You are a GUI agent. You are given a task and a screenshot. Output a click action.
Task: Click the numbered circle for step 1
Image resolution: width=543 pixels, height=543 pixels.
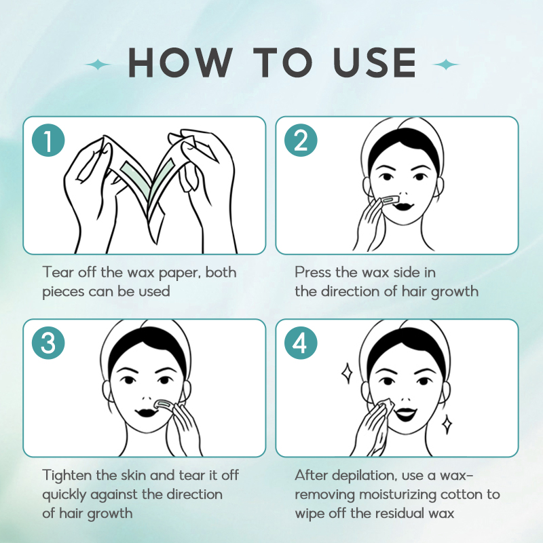(x=48, y=141)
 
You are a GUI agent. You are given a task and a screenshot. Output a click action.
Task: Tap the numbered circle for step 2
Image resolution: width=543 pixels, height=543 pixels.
(x=301, y=141)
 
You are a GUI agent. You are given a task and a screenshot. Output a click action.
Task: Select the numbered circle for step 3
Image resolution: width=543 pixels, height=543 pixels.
(x=48, y=343)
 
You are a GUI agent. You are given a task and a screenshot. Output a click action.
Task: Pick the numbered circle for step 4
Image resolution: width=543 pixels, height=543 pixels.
(x=301, y=343)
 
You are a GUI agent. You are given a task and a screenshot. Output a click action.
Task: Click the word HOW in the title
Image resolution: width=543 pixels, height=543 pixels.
(x=181, y=62)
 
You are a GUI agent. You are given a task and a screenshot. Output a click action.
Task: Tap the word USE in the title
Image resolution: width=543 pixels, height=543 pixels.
(x=375, y=62)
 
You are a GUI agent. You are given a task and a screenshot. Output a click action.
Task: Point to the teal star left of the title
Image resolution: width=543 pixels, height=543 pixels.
(x=98, y=64)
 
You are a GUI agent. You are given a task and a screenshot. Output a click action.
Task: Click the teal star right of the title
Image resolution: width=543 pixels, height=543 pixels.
(x=446, y=64)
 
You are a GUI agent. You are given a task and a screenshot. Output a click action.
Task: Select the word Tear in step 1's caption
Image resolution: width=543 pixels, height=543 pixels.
(x=58, y=272)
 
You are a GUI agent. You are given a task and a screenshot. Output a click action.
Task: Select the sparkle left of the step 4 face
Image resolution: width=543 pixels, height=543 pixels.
(x=347, y=374)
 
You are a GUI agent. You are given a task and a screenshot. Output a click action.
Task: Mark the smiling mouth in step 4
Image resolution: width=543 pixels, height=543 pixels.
(x=406, y=413)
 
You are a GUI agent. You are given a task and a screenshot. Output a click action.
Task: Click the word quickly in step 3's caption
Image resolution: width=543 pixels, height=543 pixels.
(x=64, y=495)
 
